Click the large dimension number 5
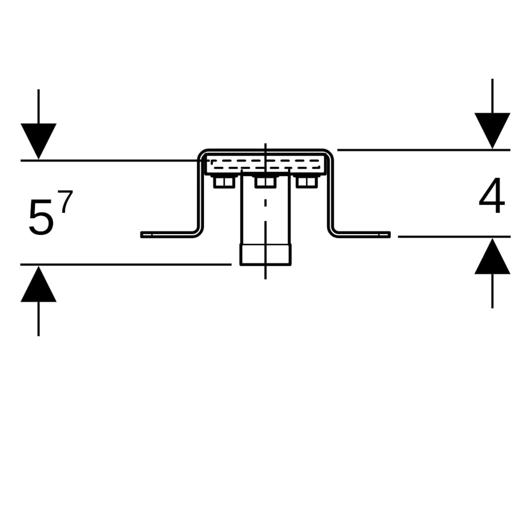pyautogui.click(x=40, y=217)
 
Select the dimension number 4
pyautogui.click(x=492, y=195)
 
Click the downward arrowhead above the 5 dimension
pyautogui.click(x=38, y=140)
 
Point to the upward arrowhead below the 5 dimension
pyautogui.click(x=38, y=285)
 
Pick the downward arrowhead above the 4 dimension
pyautogui.click(x=492, y=129)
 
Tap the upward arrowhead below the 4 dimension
pyautogui.click(x=492, y=257)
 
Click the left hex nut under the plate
pyautogui.click(x=224, y=182)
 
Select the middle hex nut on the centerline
pyautogui.click(x=265, y=182)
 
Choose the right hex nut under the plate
pyautogui.click(x=307, y=182)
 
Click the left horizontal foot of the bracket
pyautogui.click(x=167, y=235)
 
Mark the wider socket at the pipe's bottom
pyautogui.click(x=265, y=255)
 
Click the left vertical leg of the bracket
pyautogui.click(x=201, y=197)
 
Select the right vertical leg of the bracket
pyautogui.click(x=330, y=197)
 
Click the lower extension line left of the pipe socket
pyautogui.click(x=123, y=265)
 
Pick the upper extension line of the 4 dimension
pyautogui.click(x=423, y=149)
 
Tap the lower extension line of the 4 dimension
pyautogui.click(x=452, y=236)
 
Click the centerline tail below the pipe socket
pyautogui.click(x=265, y=273)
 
